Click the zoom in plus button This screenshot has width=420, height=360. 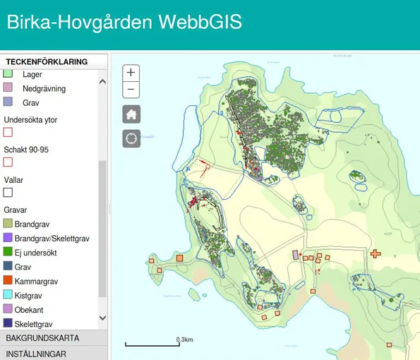(x=131, y=73)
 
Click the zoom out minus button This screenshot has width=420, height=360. (x=131, y=90)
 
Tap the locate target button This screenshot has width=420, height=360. (x=131, y=138)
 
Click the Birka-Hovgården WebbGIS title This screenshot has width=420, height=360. (x=124, y=23)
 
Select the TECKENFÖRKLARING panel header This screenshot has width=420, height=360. (x=47, y=61)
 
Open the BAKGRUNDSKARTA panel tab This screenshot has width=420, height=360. (x=42, y=338)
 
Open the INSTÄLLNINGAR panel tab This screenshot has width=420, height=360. (x=36, y=354)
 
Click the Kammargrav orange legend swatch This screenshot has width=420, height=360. (x=8, y=281)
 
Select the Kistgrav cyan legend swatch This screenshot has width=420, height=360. (x=8, y=295)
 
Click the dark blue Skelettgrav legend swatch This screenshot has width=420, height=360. (x=8, y=323)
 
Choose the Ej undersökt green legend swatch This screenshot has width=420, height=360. (x=8, y=252)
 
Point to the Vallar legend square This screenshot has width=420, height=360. (x=8, y=192)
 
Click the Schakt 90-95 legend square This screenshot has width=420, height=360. (x=8, y=162)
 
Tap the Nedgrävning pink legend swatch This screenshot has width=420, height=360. (x=8, y=88)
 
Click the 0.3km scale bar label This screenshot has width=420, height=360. (x=184, y=340)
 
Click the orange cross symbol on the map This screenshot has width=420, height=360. (x=376, y=253)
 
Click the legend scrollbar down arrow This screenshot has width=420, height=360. (x=102, y=319)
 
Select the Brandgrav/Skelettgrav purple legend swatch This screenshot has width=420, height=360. (x=8, y=238)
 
